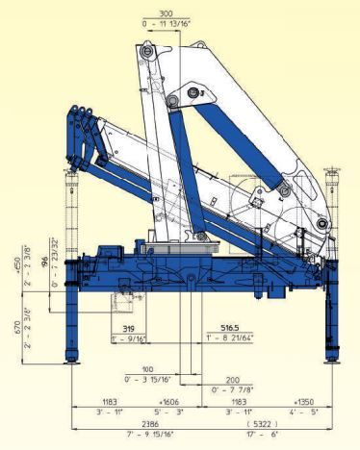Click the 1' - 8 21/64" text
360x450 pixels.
click(x=229, y=338)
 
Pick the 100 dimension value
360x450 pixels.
click(x=145, y=368)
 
